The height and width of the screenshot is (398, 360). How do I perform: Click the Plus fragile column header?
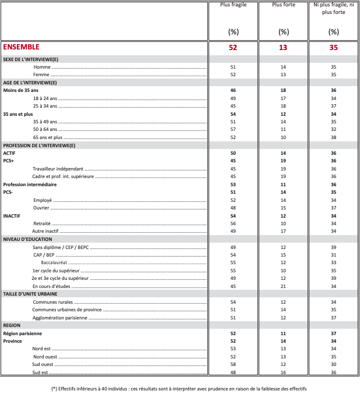point(233,5)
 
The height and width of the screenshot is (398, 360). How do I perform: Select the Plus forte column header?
point(284,5)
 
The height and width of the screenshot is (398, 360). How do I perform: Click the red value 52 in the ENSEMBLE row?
point(233,48)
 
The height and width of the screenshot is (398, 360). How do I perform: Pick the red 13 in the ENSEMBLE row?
point(284,48)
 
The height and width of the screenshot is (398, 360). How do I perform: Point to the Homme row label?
point(41,67)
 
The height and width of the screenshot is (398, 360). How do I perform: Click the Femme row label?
point(41,74)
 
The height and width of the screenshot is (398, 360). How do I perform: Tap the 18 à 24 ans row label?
point(45,99)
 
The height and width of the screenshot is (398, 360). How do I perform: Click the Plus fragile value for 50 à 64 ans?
point(233,129)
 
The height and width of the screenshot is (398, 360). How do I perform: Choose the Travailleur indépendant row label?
point(58,169)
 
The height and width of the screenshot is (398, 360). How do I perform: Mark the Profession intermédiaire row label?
point(30,184)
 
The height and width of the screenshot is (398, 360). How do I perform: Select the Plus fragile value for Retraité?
point(233,223)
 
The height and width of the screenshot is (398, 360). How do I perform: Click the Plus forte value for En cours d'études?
point(284,286)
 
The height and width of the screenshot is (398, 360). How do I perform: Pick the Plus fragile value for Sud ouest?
point(233,364)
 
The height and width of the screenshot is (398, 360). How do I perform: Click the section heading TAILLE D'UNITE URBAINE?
point(33,294)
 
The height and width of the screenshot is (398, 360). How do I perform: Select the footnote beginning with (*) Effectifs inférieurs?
point(179,388)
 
